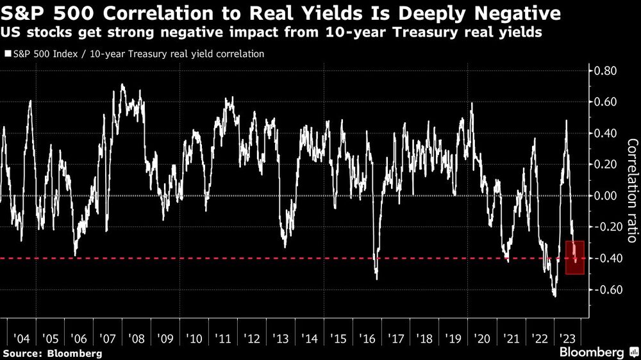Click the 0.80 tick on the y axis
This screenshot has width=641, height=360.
coord(606,70)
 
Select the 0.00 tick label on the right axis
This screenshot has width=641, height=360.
coord(606,196)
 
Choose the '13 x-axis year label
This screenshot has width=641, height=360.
coord(280,338)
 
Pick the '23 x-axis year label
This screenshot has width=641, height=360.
coord(567,338)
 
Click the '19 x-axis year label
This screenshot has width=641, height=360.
coord(451,338)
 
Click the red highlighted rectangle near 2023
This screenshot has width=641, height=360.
coord(575,258)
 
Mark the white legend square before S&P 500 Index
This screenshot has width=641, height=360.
coord(7,54)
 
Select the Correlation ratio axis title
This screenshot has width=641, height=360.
coord(631,191)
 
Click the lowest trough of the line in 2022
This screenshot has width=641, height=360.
coord(553,296)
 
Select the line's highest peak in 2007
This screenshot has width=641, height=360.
coord(122,85)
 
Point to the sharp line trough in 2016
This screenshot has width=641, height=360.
coord(376,279)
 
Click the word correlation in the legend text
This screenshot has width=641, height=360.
coord(237,54)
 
